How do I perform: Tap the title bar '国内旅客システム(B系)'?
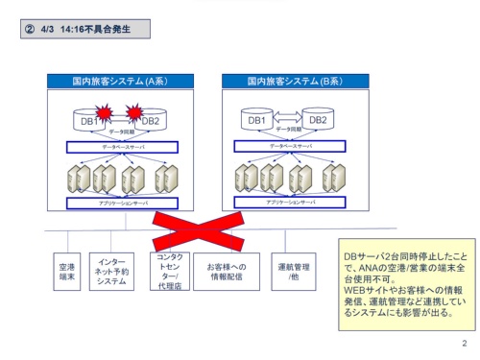pos(288,82)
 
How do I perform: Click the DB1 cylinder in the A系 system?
pos(87,121)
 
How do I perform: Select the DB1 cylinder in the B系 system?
pos(257,121)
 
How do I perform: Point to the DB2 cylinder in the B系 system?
pos(318,121)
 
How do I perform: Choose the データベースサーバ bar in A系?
pos(121,148)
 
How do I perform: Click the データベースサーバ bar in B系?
pos(288,148)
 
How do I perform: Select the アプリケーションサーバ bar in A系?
pos(121,204)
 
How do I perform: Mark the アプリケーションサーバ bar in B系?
pos(288,204)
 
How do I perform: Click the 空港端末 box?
pos(66,272)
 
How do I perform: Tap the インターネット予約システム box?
pos(112,272)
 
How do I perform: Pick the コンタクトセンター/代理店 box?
pos(170,272)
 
